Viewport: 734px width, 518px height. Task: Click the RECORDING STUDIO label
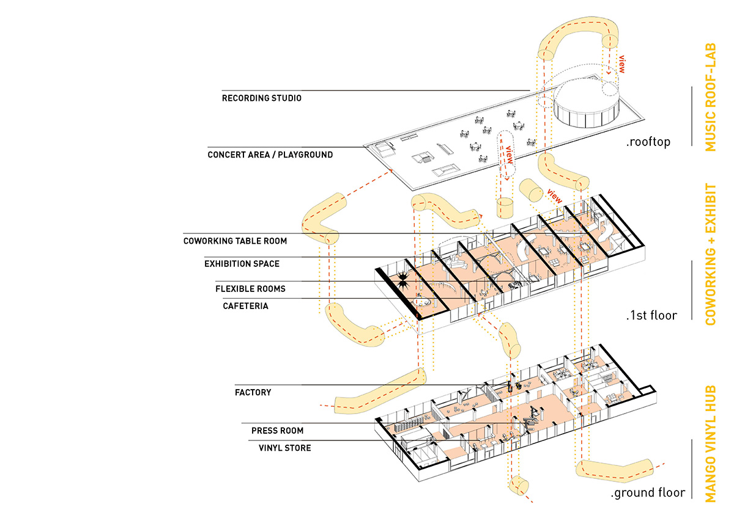pos(261,98)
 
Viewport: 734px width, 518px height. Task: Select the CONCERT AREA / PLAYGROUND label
pos(270,155)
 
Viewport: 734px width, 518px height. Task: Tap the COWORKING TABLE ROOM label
pos(235,241)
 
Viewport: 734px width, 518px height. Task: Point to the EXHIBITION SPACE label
pos(242,264)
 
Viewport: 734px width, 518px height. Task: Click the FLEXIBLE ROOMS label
pos(250,288)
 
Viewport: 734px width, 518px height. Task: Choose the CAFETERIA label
pos(245,305)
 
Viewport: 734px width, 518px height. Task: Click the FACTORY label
pos(253,392)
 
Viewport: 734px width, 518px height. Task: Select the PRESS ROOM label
pos(277,431)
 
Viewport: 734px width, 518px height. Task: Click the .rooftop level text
pos(648,142)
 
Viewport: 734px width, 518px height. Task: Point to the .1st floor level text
pos(651,316)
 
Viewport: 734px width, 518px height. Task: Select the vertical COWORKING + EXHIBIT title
pos(710,254)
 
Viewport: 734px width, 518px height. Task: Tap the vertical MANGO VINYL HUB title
pos(710,443)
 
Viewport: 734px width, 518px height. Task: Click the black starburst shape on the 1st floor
pos(402,282)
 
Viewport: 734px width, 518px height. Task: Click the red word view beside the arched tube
pos(622,65)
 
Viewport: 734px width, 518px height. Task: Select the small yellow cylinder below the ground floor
pos(519,486)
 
